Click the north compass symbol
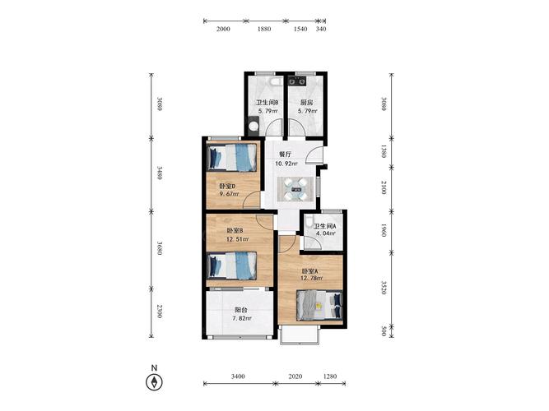pyautogui.click(x=154, y=382)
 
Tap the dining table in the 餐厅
pyautogui.click(x=295, y=189)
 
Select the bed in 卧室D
pyautogui.click(x=232, y=158)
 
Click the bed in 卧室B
pyautogui.click(x=232, y=266)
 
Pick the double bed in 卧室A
pyautogui.click(x=319, y=305)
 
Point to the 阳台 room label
pyautogui.click(x=241, y=310)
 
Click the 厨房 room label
pyautogui.click(x=307, y=103)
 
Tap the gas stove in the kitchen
pyautogui.click(x=297, y=81)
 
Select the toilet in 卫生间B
pyautogui.click(x=277, y=82)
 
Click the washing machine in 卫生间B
pyautogui.click(x=254, y=127)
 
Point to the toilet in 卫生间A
pyautogui.click(x=309, y=222)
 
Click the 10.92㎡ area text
pyautogui.click(x=286, y=164)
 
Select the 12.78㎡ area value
pyautogui.click(x=312, y=279)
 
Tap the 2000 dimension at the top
pyautogui.click(x=223, y=29)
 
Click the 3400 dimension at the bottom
pyautogui.click(x=238, y=376)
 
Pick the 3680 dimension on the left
pyautogui.click(x=160, y=247)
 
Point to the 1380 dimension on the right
pyautogui.click(x=384, y=151)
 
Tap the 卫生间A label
pyautogui.click(x=324, y=226)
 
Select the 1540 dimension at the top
pyautogui.click(x=300, y=29)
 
